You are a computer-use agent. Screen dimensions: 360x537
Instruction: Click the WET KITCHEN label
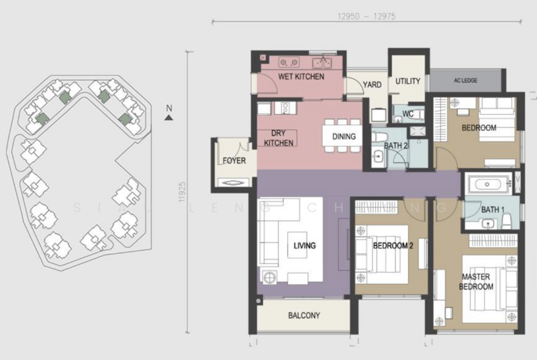click(x=301, y=77)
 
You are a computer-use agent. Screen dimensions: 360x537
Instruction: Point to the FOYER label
click(x=234, y=161)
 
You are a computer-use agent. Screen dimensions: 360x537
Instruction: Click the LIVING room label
click(x=304, y=246)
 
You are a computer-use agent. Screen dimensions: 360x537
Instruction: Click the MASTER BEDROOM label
click(x=477, y=281)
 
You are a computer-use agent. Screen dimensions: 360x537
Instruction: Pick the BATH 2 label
click(x=397, y=145)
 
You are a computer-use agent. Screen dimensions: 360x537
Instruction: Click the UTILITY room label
click(x=408, y=81)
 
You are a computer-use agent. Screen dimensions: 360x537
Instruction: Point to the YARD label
click(x=373, y=85)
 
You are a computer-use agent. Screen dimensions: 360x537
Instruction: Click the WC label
click(x=407, y=114)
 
